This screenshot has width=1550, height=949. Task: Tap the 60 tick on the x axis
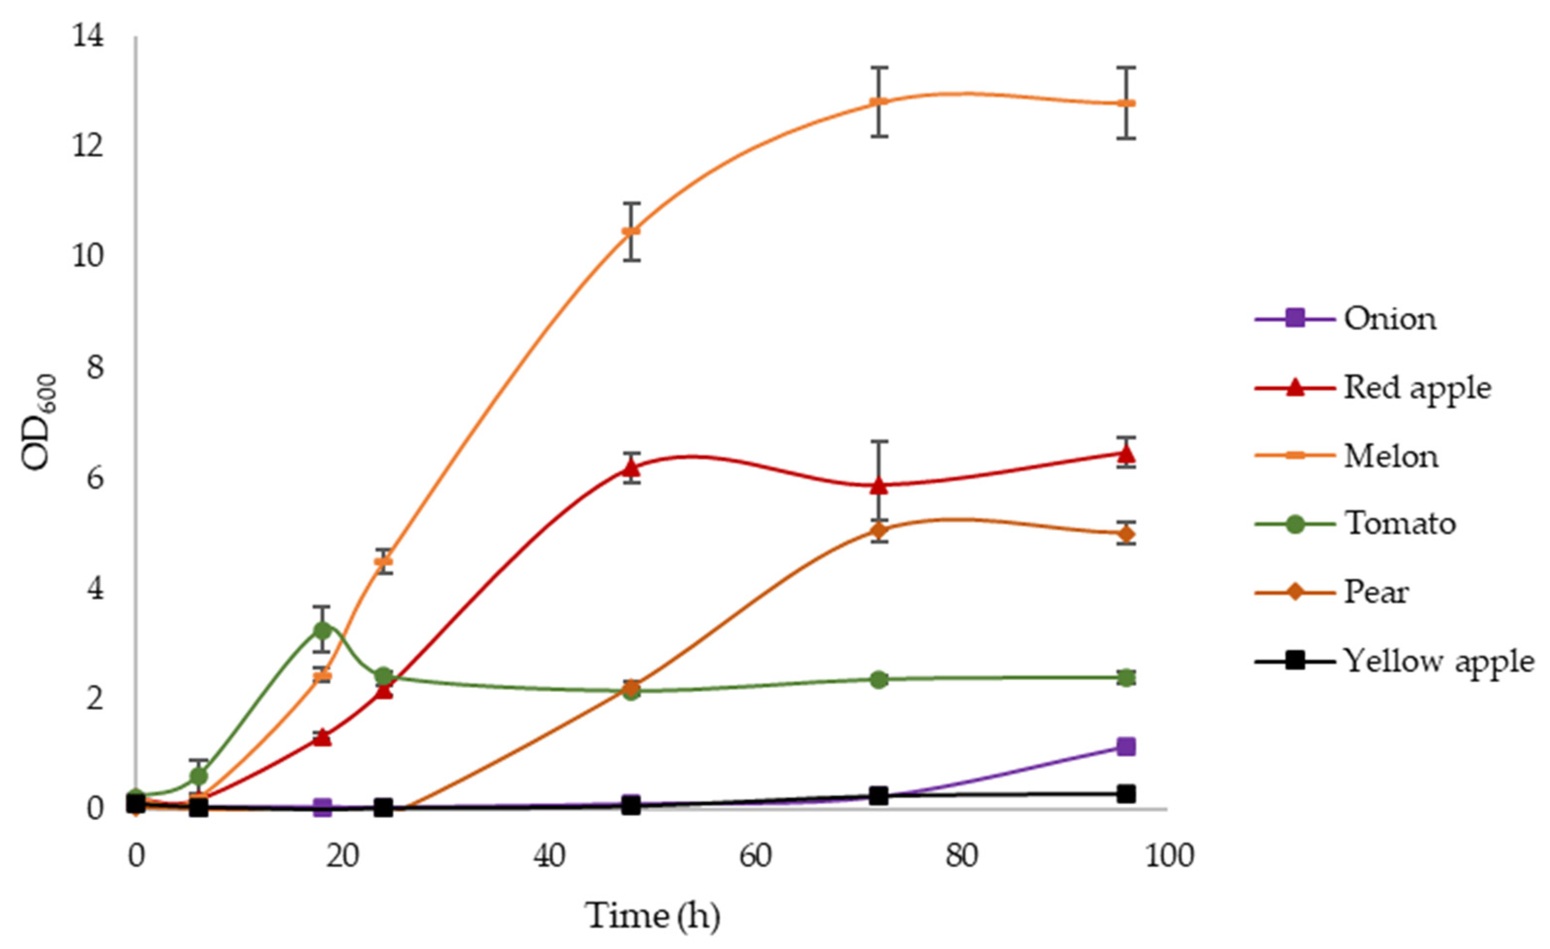click(755, 857)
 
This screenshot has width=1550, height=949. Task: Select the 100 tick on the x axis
click(1169, 857)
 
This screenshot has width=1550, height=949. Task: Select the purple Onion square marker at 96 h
click(1126, 747)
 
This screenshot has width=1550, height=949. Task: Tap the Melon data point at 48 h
click(631, 231)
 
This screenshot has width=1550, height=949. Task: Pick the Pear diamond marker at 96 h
click(1126, 534)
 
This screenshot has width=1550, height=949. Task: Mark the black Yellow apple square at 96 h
click(1126, 794)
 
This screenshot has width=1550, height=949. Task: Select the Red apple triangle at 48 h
click(631, 468)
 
